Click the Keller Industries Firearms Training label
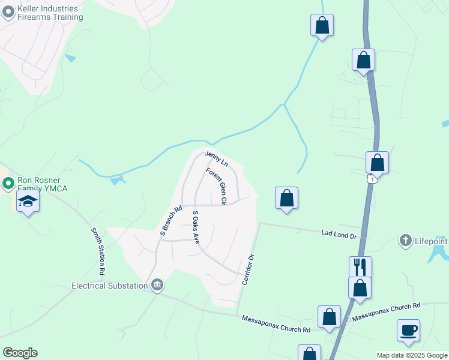click(x=50, y=13)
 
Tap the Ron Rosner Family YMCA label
click(x=45, y=184)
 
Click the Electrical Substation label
click(x=110, y=286)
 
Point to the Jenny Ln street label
click(x=217, y=159)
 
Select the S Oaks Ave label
click(x=195, y=227)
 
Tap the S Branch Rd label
click(x=170, y=220)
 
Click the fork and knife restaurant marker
click(x=360, y=266)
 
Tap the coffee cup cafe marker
click(x=408, y=330)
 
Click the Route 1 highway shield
click(x=373, y=179)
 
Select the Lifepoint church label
click(x=432, y=241)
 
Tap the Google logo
click(x=20, y=353)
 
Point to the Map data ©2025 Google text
click(x=412, y=355)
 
